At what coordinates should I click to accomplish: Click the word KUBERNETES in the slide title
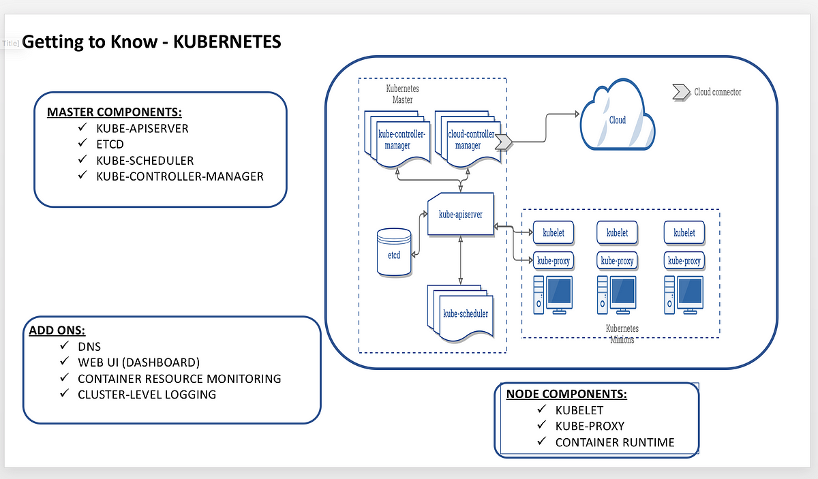click(x=227, y=42)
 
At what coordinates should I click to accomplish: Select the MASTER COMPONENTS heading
click(x=115, y=112)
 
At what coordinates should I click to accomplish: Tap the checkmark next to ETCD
click(x=82, y=143)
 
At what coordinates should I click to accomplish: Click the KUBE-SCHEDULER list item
click(x=145, y=161)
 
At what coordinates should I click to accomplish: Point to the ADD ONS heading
click(x=57, y=330)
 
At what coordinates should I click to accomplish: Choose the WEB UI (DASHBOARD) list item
click(x=139, y=362)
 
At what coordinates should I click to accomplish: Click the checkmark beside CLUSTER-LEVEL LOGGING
click(x=64, y=393)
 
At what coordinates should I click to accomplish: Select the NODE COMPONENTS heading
click(x=566, y=394)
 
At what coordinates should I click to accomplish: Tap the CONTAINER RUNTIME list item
click(x=615, y=442)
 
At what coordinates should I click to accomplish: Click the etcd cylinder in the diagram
click(x=394, y=252)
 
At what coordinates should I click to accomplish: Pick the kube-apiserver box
click(x=461, y=215)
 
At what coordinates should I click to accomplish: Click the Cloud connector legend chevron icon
click(x=681, y=92)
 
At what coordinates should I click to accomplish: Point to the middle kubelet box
click(x=617, y=232)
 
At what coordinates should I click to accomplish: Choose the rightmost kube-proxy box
click(x=684, y=261)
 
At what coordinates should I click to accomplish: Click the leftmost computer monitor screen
click(x=559, y=290)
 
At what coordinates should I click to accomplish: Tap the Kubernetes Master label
click(x=402, y=94)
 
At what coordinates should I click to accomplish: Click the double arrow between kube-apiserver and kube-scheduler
click(x=461, y=260)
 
